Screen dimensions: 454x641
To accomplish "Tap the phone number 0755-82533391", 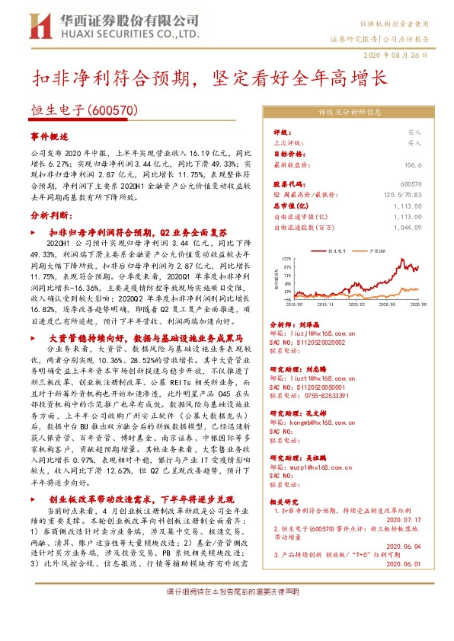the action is pos(322,396).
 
